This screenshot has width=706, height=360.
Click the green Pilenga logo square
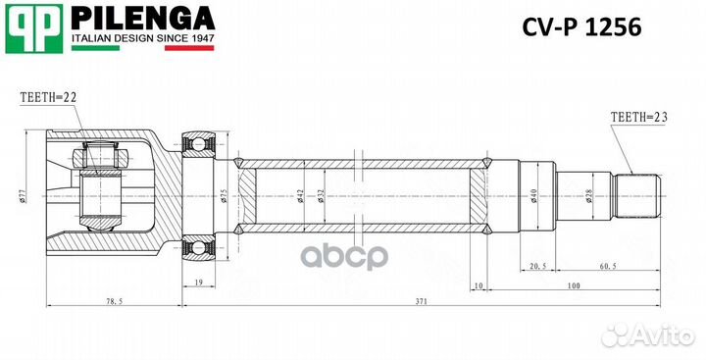(34, 27)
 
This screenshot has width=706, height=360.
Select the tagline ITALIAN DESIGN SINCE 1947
(141, 42)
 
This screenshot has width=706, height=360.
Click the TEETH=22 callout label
(47, 97)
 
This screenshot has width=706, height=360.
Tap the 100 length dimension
(574, 285)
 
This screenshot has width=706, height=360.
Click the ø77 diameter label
(22, 195)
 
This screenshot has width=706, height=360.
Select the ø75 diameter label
(225, 196)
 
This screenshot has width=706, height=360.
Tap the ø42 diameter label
(299, 196)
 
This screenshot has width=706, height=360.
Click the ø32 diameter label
(323, 196)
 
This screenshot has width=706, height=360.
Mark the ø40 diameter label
(533, 196)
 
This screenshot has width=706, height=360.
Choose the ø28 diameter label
(588, 195)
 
